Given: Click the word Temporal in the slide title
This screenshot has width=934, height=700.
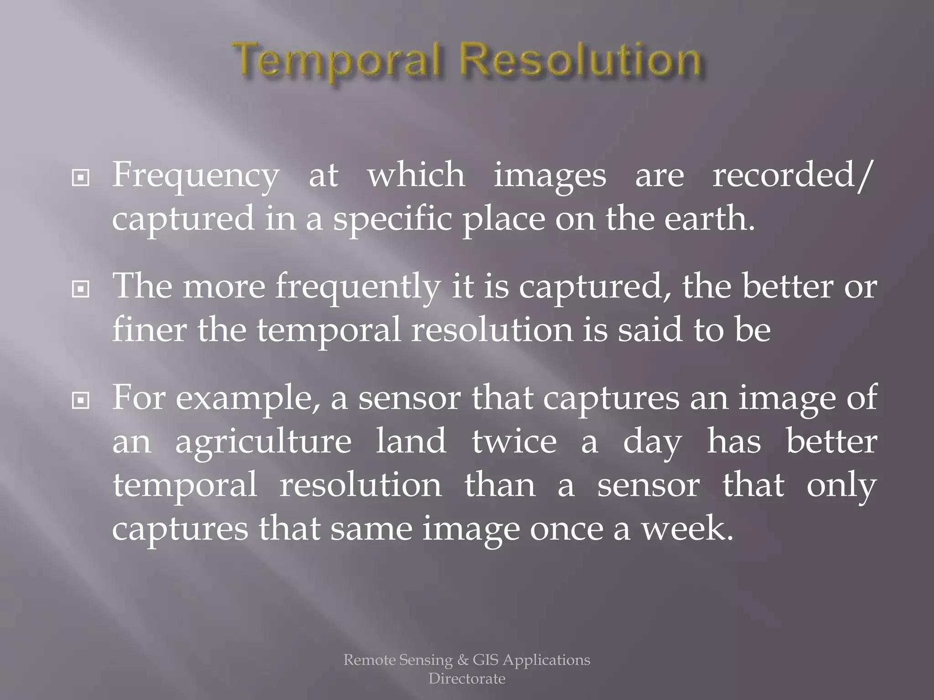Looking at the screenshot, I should click(338, 62).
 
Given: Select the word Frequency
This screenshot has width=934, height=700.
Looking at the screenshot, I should click(195, 175).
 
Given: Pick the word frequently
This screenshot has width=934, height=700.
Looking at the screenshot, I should click(358, 288).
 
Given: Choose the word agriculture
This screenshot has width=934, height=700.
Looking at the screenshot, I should click(263, 442).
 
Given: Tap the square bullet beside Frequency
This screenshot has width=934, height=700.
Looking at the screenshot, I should click(81, 178).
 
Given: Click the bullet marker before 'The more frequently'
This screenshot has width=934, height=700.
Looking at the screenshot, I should click(81, 289).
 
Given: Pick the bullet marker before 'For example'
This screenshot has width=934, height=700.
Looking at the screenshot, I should click(81, 401).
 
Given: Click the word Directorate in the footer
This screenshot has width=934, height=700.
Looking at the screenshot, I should click(467, 679).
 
